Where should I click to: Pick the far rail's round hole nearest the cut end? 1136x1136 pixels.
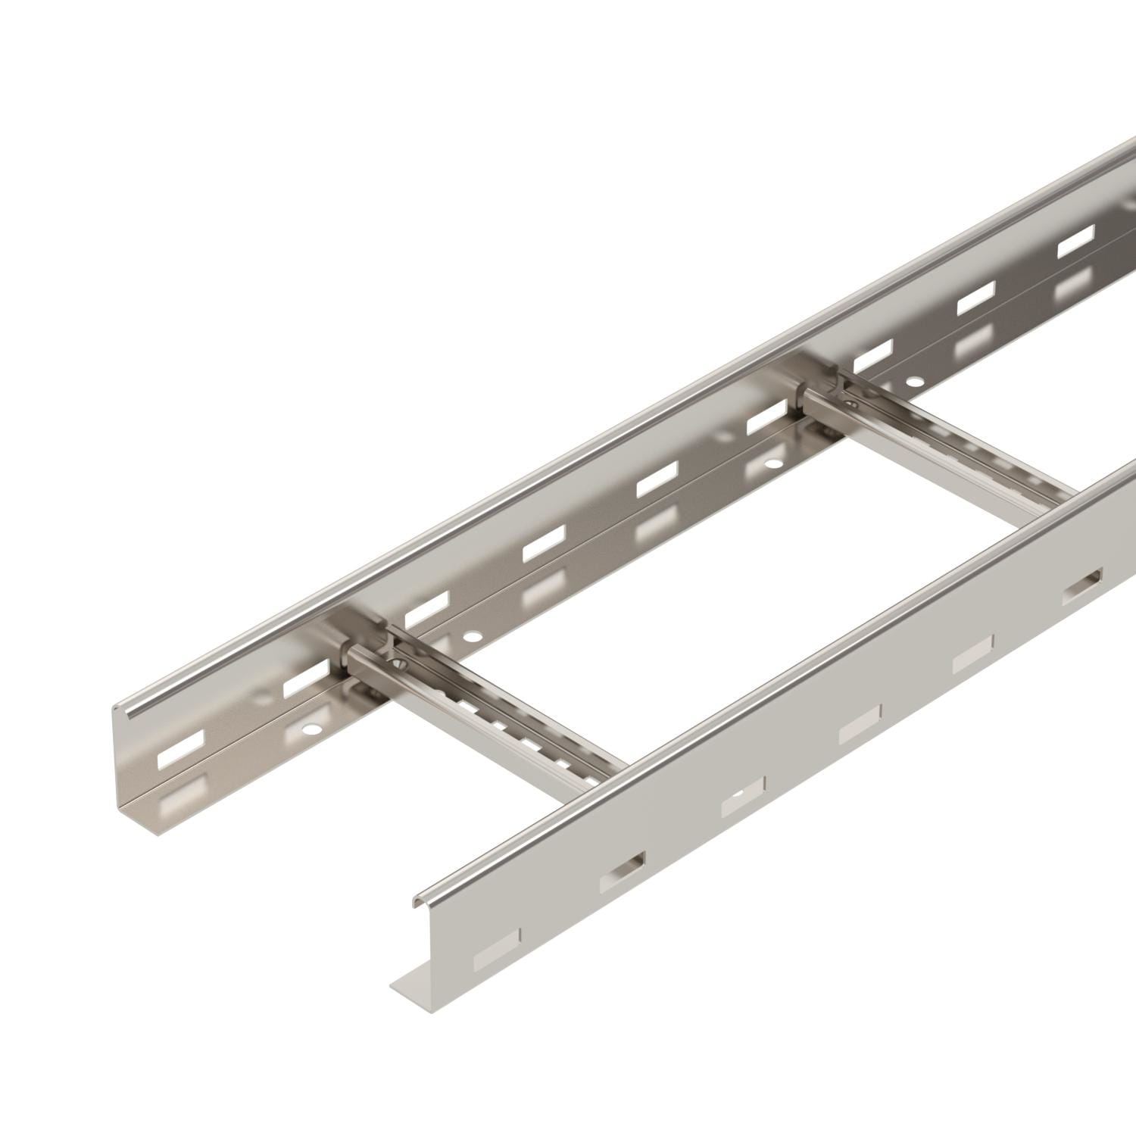point(308,732)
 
